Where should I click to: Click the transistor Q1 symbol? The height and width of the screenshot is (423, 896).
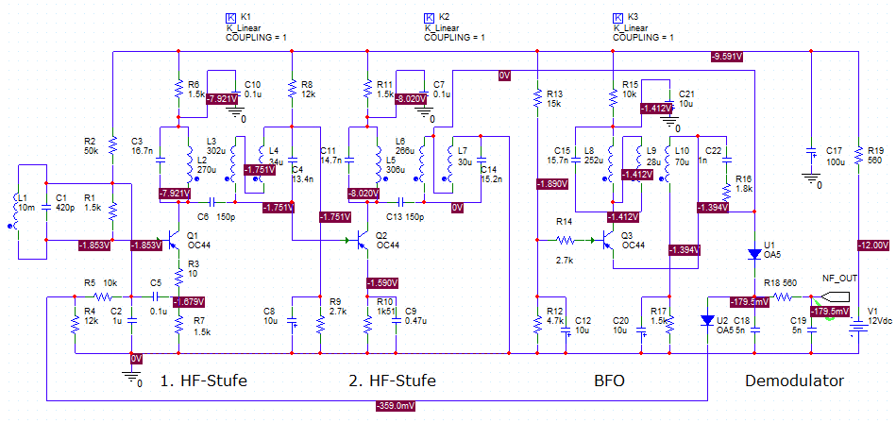tap(175, 240)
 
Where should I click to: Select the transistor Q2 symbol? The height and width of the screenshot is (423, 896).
tap(363, 240)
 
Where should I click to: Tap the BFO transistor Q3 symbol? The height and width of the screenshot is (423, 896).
tap(607, 240)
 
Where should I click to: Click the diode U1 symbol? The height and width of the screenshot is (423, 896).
tap(754, 253)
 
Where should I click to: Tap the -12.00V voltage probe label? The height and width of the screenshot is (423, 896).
tap(873, 245)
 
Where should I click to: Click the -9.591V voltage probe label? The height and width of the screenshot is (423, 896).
tap(726, 57)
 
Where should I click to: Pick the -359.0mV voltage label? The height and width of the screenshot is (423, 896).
tap(396, 406)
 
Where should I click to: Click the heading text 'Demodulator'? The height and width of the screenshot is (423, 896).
tap(794, 381)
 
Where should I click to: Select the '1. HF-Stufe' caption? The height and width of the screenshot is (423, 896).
tap(204, 381)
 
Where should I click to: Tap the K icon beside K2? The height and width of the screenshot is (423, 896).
tap(428, 17)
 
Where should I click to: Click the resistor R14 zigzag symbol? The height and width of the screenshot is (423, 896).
tap(565, 240)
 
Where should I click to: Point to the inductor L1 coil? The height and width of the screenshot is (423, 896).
tap(15, 209)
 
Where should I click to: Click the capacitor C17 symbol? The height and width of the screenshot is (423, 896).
tap(810, 153)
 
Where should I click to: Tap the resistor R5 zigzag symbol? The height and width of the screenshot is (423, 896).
tap(104, 296)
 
